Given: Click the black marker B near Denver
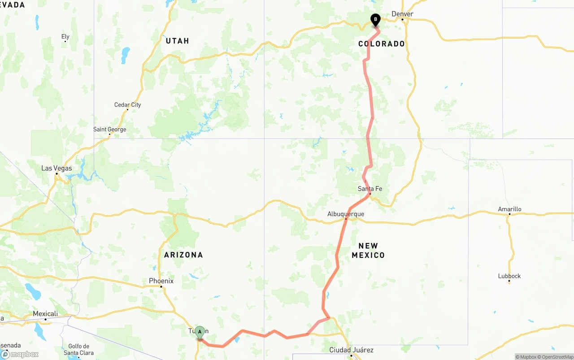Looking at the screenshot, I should click(x=375, y=20).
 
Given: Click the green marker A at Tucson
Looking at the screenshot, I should click(x=200, y=332).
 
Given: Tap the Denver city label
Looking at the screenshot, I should click(x=402, y=14).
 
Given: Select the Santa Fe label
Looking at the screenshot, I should click(x=370, y=189).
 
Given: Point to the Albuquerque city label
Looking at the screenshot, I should click(x=346, y=214).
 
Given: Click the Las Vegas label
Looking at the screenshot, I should click(x=57, y=168).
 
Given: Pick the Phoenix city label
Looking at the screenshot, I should click(x=161, y=281).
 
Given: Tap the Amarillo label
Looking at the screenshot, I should click(x=509, y=209).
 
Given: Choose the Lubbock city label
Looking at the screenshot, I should click(x=509, y=276).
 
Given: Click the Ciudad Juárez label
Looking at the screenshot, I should click(x=351, y=350).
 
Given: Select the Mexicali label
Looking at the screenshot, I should click(x=46, y=314).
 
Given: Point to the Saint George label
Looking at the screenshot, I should click(x=110, y=130).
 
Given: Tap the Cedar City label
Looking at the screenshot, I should click(x=128, y=105).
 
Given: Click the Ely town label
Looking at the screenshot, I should click(x=65, y=37).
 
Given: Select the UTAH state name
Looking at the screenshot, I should click(x=178, y=41).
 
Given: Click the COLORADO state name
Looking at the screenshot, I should click(x=382, y=43).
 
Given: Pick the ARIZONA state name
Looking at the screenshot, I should click(x=183, y=255).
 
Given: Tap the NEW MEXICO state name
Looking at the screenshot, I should click(x=368, y=251).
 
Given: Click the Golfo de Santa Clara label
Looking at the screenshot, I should click(x=79, y=350).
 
